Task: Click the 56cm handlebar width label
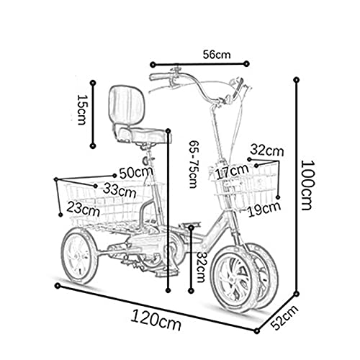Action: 217,55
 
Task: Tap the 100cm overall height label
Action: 307,185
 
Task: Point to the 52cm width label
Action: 284,318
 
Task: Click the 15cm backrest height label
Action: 82,109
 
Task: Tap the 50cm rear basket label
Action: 136,172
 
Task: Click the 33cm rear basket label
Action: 120,191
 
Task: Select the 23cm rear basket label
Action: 83,209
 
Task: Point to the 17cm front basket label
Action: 232,171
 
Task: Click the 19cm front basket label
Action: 264,210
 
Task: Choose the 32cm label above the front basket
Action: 267,150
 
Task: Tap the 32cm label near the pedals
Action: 200,267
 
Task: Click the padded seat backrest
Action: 127,104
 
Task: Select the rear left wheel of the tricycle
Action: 79,256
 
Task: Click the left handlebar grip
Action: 159,77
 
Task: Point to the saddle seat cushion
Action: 142,135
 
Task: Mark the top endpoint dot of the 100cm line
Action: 297,80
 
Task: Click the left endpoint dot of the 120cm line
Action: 58,286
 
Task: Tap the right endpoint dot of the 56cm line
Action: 246,63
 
